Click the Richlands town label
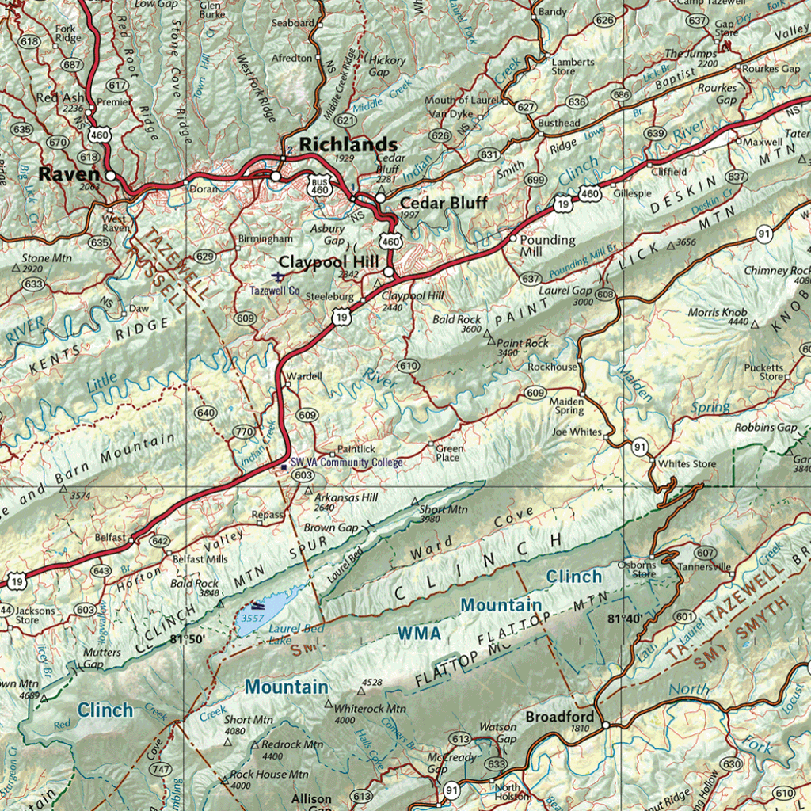pos(348,144)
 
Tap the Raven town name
pos(70,174)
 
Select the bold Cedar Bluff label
pos(444,203)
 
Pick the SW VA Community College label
pos(346,463)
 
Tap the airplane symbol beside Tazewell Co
pos(278,276)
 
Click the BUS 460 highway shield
pos(320,186)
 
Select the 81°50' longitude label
pos(187,638)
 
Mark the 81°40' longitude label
pos(624,618)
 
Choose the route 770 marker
pos(243,432)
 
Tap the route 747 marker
pos(161,769)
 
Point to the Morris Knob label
pos(718,312)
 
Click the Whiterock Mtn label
pos(370,709)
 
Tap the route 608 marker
pos(605,295)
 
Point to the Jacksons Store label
pos(35,615)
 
